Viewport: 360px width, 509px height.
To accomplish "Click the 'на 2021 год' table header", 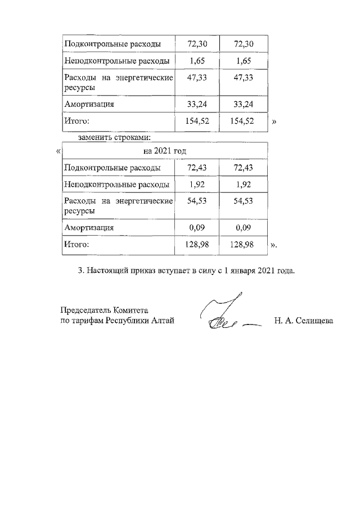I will [163, 151].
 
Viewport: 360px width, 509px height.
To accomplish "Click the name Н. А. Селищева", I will [304, 321].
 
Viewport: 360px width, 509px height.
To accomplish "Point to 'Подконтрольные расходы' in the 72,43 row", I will [112, 168].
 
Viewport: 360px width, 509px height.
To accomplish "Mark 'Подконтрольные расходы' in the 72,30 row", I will [112, 44].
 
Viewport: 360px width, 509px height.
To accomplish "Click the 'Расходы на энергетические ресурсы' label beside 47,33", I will [118, 82].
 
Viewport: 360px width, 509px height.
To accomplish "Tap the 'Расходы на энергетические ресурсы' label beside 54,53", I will [118, 206].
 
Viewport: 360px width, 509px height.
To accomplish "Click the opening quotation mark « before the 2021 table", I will [58, 151].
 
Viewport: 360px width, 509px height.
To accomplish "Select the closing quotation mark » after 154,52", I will [274, 121].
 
